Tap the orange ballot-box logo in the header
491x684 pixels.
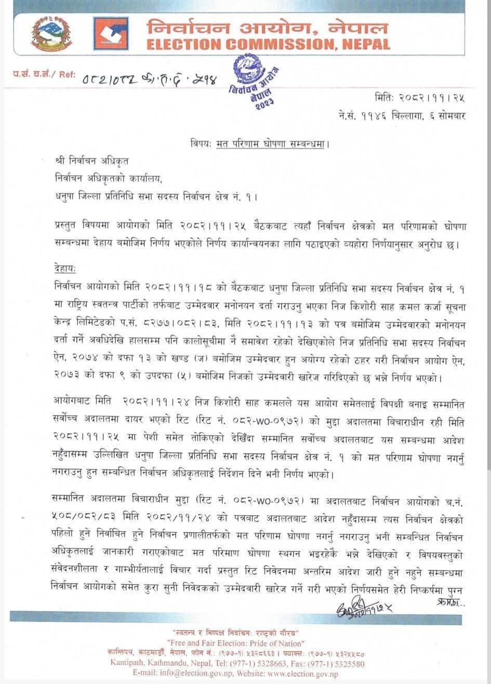coord(110,34)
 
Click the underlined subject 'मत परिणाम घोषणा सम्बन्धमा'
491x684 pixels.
coord(273,143)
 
